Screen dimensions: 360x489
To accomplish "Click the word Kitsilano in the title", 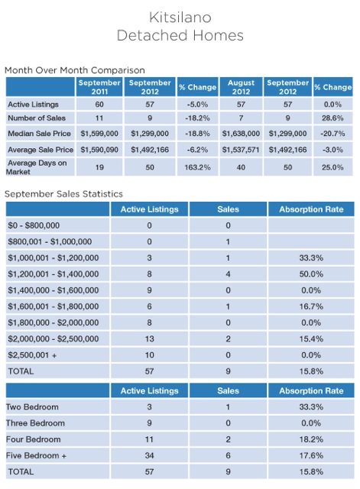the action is pyautogui.click(x=180, y=18).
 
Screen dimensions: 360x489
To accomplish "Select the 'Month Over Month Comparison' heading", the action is pyautogui.click(x=75, y=70).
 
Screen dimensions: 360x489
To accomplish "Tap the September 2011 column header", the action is pyautogui.click(x=99, y=87).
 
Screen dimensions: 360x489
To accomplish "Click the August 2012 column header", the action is pyautogui.click(x=241, y=87).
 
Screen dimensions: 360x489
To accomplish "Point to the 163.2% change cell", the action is pyautogui.click(x=197, y=167).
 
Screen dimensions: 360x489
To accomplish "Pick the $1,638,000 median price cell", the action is pyautogui.click(x=241, y=134).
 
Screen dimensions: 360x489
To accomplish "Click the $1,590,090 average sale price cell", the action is pyautogui.click(x=99, y=150).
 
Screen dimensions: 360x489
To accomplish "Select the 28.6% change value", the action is pyautogui.click(x=332, y=118).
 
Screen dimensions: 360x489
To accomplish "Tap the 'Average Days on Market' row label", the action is pyautogui.click(x=37, y=167).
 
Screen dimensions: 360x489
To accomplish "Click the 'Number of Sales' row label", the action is pyautogui.click(x=37, y=118).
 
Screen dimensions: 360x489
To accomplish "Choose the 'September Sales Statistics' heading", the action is pyautogui.click(x=64, y=194).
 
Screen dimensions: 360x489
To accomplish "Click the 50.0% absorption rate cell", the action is pyautogui.click(x=311, y=274).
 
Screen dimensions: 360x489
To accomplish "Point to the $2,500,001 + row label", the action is pyautogui.click(x=32, y=355).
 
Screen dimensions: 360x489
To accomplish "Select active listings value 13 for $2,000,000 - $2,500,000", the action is pyautogui.click(x=150, y=339).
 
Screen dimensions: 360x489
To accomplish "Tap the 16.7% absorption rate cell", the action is pyautogui.click(x=311, y=306).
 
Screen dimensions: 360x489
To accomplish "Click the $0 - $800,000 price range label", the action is pyautogui.click(x=34, y=225).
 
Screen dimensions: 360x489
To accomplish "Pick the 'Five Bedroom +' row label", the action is pyautogui.click(x=36, y=455).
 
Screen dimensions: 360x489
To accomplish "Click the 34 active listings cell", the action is pyautogui.click(x=150, y=455).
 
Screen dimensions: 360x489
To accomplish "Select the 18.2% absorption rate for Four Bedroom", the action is pyautogui.click(x=311, y=439).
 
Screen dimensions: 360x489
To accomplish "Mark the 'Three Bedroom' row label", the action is pyautogui.click(x=35, y=423).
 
